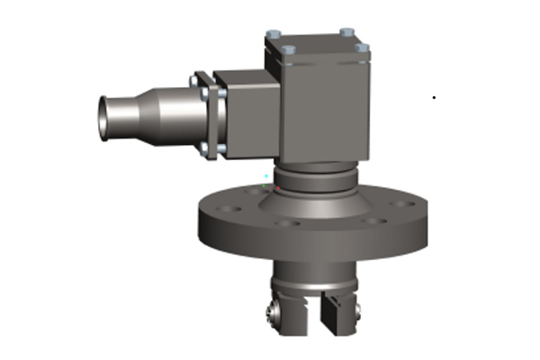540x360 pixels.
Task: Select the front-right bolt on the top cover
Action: (x=361, y=48)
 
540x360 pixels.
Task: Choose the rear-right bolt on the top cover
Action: (x=346, y=33)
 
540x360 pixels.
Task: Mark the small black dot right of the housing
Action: (x=434, y=96)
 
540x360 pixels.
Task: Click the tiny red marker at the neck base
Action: (x=281, y=190)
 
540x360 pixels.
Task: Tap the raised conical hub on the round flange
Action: (x=315, y=202)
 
